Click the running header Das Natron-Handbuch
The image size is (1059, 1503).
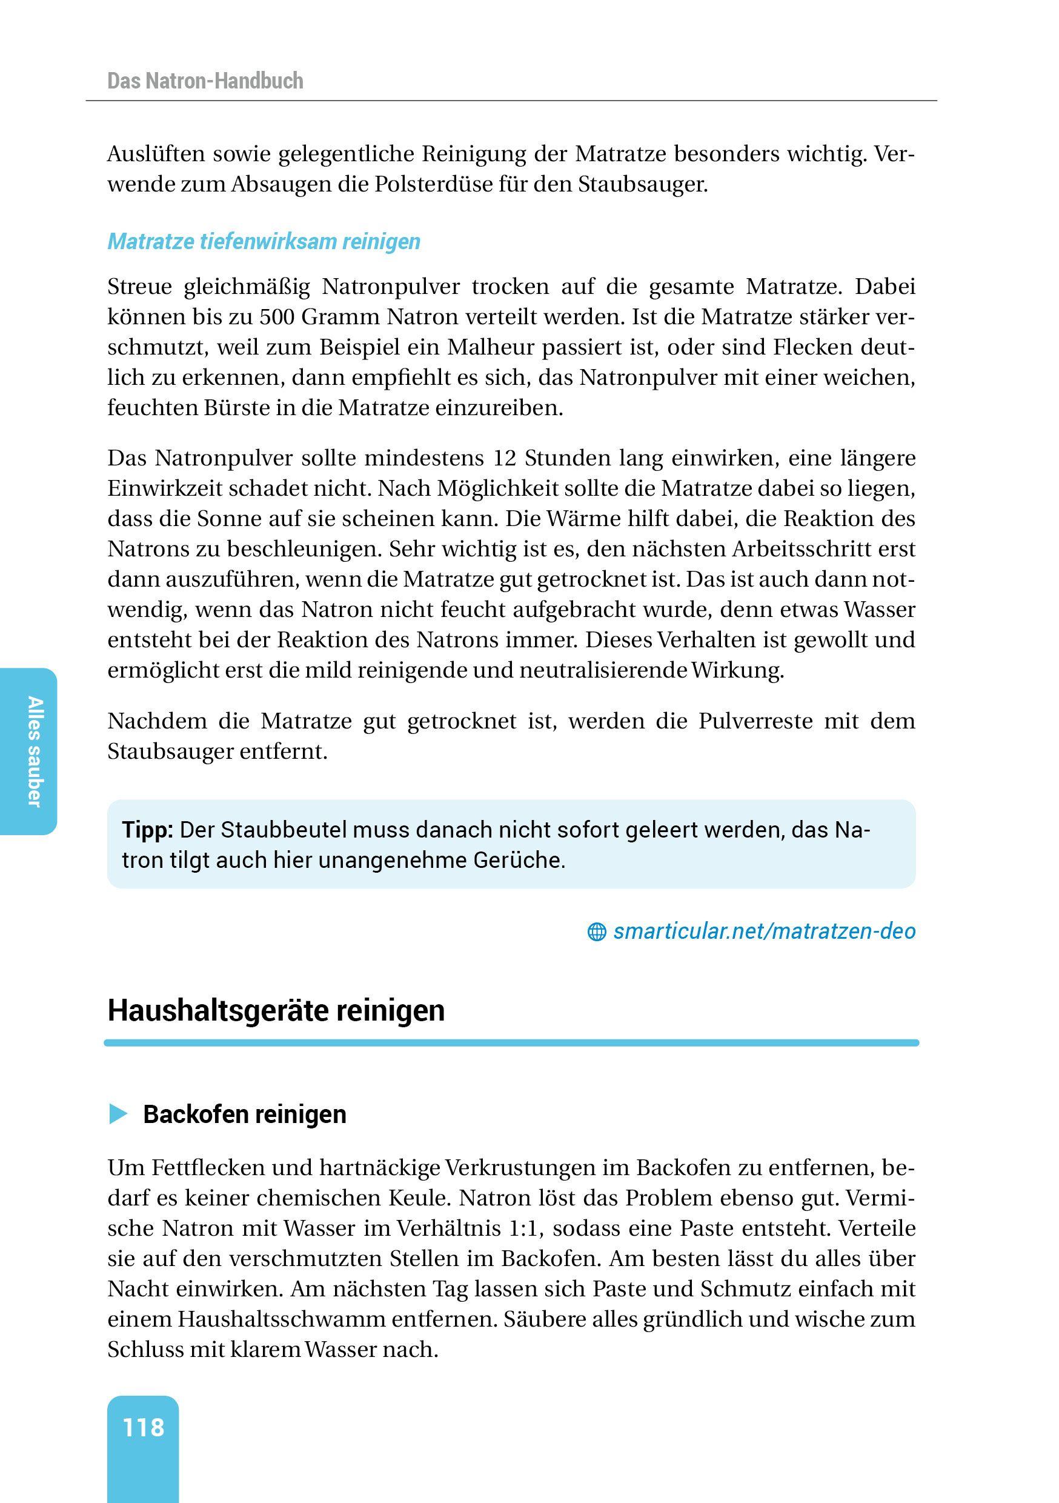point(205,81)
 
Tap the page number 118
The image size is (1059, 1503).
point(144,1427)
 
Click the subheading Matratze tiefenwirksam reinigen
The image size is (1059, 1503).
point(264,242)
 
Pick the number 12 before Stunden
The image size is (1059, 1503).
point(505,458)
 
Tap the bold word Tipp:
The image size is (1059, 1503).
point(147,830)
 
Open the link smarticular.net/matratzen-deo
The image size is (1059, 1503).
point(764,931)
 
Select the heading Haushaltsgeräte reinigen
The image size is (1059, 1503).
point(276,1010)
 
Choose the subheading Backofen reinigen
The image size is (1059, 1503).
point(244,1114)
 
